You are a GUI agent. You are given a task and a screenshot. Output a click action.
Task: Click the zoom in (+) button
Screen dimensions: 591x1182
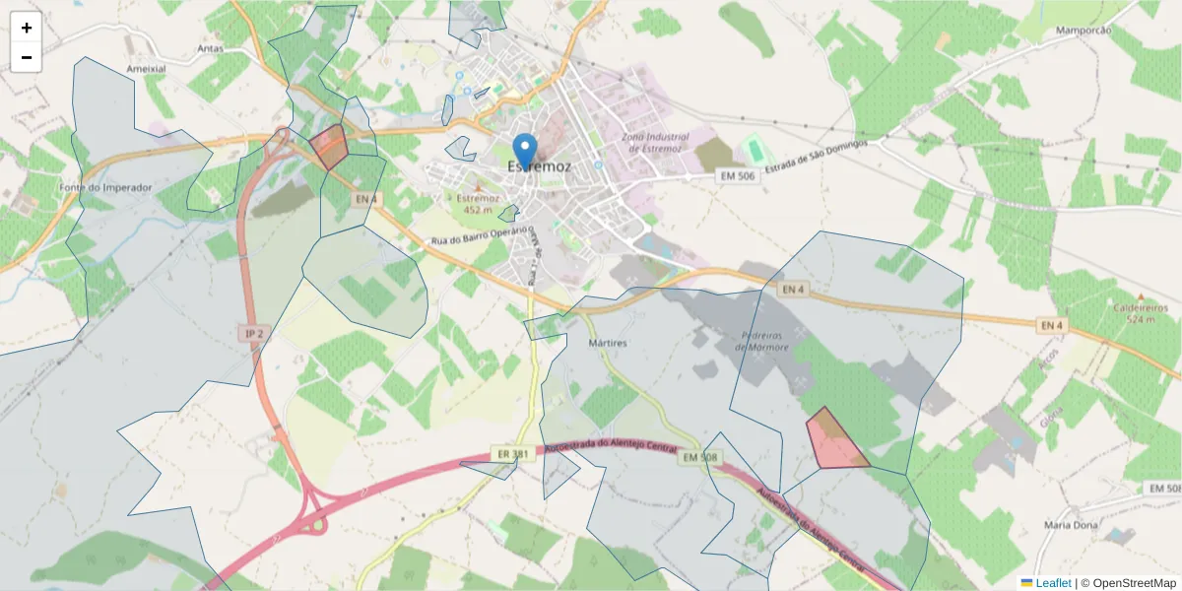coord(27,28)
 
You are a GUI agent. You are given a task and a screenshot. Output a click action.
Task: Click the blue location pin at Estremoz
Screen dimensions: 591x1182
coord(526,151)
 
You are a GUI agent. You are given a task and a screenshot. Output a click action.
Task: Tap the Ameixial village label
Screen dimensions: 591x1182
coord(146,69)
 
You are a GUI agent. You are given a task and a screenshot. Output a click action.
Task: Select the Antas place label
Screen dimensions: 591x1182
coord(211,47)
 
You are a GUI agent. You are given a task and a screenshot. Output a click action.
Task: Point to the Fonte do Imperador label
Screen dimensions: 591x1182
coord(105,187)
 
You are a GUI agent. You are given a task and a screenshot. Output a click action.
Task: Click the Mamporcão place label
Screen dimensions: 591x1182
coord(1083,31)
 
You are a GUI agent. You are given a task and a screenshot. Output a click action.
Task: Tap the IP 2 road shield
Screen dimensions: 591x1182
coord(254,334)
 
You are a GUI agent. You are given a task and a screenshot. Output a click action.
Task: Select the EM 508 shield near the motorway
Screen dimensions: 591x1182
coord(701,457)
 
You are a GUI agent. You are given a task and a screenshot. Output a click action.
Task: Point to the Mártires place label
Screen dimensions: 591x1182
coord(607,343)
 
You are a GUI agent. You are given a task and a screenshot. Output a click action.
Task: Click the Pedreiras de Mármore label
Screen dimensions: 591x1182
coord(763,341)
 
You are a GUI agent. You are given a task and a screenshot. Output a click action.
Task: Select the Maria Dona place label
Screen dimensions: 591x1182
coord(1071,525)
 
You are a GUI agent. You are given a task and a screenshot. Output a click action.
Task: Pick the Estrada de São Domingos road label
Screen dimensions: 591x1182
coord(817,158)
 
